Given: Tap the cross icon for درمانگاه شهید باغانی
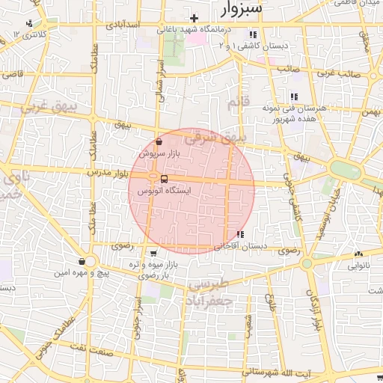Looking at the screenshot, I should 194,17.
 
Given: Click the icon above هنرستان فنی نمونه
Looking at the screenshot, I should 294,96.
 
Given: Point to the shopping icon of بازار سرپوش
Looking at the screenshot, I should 159,141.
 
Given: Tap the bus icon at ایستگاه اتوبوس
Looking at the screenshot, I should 163,179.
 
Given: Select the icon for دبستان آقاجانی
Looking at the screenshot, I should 239,235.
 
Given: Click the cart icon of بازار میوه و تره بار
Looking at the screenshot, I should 153,253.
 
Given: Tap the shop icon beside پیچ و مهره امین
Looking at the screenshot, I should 81,262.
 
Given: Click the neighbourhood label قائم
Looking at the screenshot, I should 236,102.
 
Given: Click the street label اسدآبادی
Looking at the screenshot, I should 124,25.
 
